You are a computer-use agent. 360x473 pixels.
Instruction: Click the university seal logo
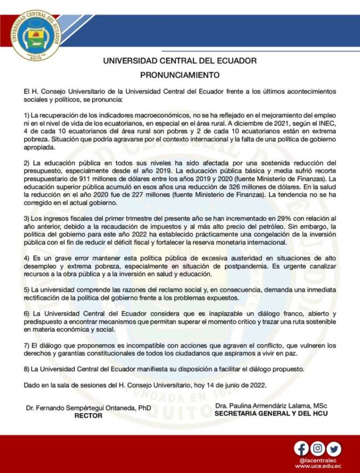click(36, 36)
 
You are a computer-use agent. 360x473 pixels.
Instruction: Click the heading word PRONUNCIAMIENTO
click(180, 73)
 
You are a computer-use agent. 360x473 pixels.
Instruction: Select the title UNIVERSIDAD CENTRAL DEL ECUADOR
click(180, 61)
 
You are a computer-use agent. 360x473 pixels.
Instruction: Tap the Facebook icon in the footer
click(301, 448)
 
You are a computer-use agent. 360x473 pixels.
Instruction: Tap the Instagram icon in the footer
click(318, 448)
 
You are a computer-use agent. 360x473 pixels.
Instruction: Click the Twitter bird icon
click(333, 448)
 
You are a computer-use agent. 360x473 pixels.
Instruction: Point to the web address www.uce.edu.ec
click(318, 466)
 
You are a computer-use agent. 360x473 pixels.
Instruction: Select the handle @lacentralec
click(318, 460)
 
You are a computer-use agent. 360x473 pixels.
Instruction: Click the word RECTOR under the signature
click(88, 415)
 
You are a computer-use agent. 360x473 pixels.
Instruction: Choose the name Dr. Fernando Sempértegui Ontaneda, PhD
click(88, 408)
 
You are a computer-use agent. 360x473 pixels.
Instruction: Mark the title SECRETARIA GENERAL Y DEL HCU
click(271, 413)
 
